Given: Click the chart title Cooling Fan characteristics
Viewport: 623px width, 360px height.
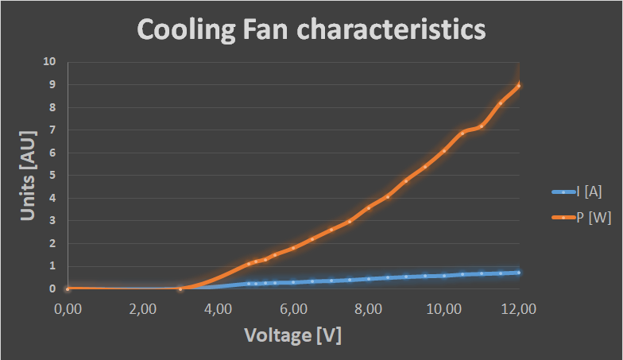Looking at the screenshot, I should click(x=311, y=29).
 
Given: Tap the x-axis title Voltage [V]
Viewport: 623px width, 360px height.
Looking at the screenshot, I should click(x=292, y=335).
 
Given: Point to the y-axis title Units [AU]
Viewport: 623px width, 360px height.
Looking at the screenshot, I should click(x=29, y=175).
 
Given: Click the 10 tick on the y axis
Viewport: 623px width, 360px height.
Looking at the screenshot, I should click(x=50, y=61).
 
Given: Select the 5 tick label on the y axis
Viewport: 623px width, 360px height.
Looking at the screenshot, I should click(x=52, y=175).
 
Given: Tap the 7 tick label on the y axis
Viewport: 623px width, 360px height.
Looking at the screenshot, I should click(x=52, y=130).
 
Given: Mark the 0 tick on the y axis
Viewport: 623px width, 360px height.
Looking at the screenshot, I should click(x=52, y=288).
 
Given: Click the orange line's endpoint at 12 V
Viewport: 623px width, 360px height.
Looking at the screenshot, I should click(x=519, y=85).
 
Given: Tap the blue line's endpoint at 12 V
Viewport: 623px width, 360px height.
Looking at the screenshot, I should click(x=519, y=273).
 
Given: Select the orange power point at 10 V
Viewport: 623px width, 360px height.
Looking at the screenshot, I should click(x=444, y=151).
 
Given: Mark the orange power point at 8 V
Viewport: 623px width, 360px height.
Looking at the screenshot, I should click(x=369, y=207).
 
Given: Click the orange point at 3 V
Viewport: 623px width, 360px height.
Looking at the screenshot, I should click(x=180, y=288).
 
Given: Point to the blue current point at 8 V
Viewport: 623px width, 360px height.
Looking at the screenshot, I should click(x=369, y=279).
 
